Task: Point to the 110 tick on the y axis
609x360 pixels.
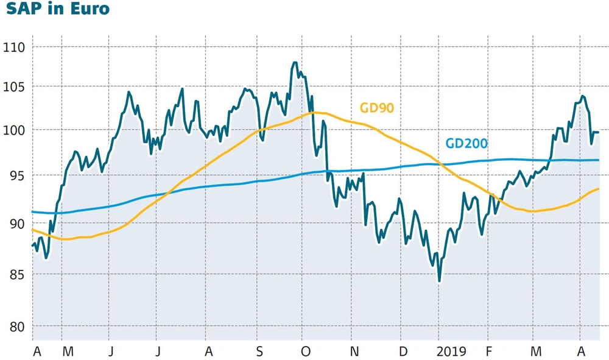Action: [14, 47]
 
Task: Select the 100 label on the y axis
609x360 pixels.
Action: [14, 130]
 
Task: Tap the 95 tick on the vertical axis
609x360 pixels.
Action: [16, 175]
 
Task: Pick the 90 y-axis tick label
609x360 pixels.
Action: [16, 224]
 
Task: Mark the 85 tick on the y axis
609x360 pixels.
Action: [16, 274]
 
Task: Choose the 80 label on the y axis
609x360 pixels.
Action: [16, 326]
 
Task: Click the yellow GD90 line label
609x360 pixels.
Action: [377, 108]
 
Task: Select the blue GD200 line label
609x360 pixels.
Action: [466, 144]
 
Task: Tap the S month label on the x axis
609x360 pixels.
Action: [259, 351]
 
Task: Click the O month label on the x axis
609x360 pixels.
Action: [306, 351]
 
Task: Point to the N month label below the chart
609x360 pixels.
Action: [354, 351]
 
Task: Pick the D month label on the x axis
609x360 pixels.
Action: [403, 351]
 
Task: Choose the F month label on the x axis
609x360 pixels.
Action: [488, 351]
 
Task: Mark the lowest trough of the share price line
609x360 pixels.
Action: [439, 281]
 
